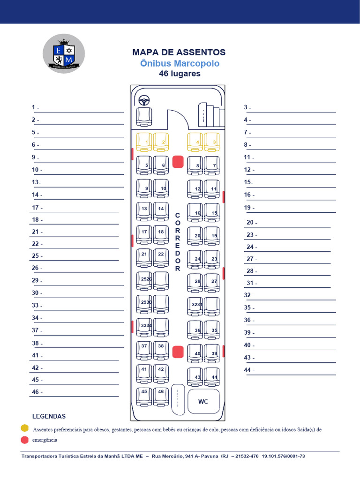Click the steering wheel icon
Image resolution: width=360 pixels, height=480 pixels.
coord(144,100)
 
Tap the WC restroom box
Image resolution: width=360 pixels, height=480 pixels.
coord(203,401)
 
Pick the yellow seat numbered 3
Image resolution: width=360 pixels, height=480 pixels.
coord(212,142)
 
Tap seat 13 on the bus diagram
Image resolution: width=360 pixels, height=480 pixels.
coord(144,212)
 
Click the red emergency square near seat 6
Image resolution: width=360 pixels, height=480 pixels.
coord(178,162)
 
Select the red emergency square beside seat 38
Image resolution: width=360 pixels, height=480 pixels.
coord(178,352)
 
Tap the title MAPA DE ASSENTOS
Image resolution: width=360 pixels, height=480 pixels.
coord(179,52)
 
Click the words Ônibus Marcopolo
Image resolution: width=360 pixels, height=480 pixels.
coord(180,63)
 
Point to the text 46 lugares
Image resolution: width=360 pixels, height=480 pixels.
coord(180,74)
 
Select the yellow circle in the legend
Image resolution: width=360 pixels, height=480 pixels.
coord(24,428)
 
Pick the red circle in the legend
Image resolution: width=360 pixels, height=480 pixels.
coord(24,440)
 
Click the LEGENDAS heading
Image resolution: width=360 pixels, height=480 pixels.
coord(49,416)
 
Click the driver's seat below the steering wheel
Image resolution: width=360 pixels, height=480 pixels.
coord(144,116)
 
